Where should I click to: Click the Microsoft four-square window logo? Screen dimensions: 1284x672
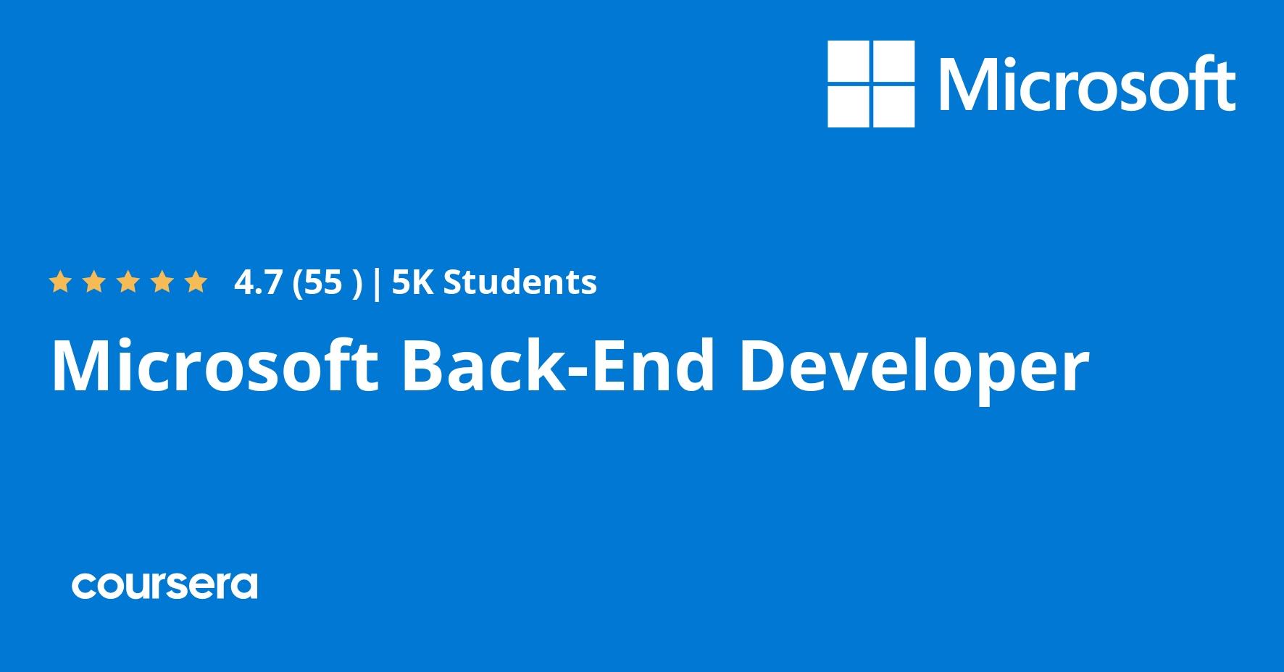[871, 84]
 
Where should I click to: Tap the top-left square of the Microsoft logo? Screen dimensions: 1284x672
[849, 62]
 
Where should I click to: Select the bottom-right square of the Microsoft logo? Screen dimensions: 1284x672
[893, 106]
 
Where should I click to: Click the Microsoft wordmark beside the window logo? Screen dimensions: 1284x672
[1088, 84]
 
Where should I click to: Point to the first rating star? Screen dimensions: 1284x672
[59, 282]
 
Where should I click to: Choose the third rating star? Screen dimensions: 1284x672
[128, 282]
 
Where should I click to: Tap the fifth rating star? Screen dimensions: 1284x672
[196, 282]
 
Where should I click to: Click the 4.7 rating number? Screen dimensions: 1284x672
[257, 282]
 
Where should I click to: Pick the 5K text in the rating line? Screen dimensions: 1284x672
[413, 282]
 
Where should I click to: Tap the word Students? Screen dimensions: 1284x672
[520, 282]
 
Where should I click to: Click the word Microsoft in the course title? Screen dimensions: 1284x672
[214, 366]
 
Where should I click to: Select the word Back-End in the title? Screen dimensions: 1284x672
[559, 366]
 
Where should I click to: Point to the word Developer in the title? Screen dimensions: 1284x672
[913, 369]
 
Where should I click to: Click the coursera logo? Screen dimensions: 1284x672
[164, 585]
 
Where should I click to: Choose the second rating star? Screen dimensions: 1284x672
[93, 282]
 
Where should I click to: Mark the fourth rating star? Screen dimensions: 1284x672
[162, 282]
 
